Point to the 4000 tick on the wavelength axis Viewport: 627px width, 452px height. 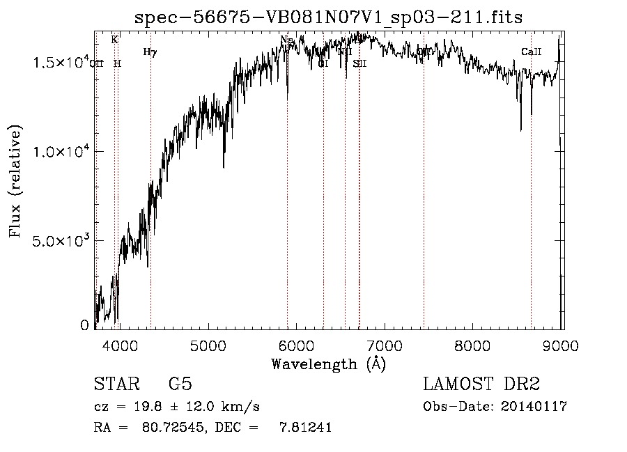click(119, 344)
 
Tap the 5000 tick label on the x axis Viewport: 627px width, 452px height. click(208, 344)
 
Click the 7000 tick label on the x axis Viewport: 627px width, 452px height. click(385, 344)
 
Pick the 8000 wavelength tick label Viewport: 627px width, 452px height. click(474, 344)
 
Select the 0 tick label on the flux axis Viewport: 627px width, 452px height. click(84, 325)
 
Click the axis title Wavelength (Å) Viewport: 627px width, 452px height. click(328, 364)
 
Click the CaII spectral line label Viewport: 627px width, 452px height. click(531, 52)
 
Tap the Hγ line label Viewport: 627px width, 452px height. click(150, 52)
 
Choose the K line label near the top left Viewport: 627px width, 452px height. click(114, 40)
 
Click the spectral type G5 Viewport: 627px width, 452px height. click(180, 384)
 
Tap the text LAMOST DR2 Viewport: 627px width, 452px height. click(481, 384)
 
